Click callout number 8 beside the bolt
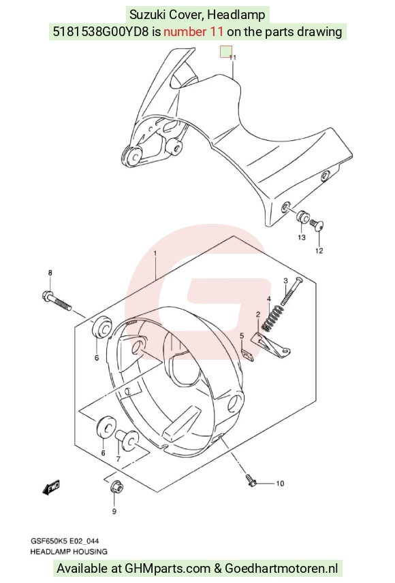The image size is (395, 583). (x=50, y=273)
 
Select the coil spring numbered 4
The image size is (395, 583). (x=272, y=318)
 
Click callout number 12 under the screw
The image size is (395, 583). (x=319, y=250)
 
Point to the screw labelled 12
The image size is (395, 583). (x=317, y=224)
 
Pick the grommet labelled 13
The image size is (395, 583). (x=302, y=217)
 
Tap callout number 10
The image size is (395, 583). (x=280, y=483)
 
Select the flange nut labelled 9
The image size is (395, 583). (x=117, y=487)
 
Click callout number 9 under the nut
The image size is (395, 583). (x=114, y=512)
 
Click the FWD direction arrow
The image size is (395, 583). (x=51, y=488)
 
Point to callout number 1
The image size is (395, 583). (x=155, y=254)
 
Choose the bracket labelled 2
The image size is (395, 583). (x=270, y=345)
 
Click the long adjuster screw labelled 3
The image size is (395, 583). (x=292, y=291)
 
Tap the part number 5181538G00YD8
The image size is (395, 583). (x=101, y=31)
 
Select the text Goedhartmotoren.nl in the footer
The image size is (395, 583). (x=281, y=569)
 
